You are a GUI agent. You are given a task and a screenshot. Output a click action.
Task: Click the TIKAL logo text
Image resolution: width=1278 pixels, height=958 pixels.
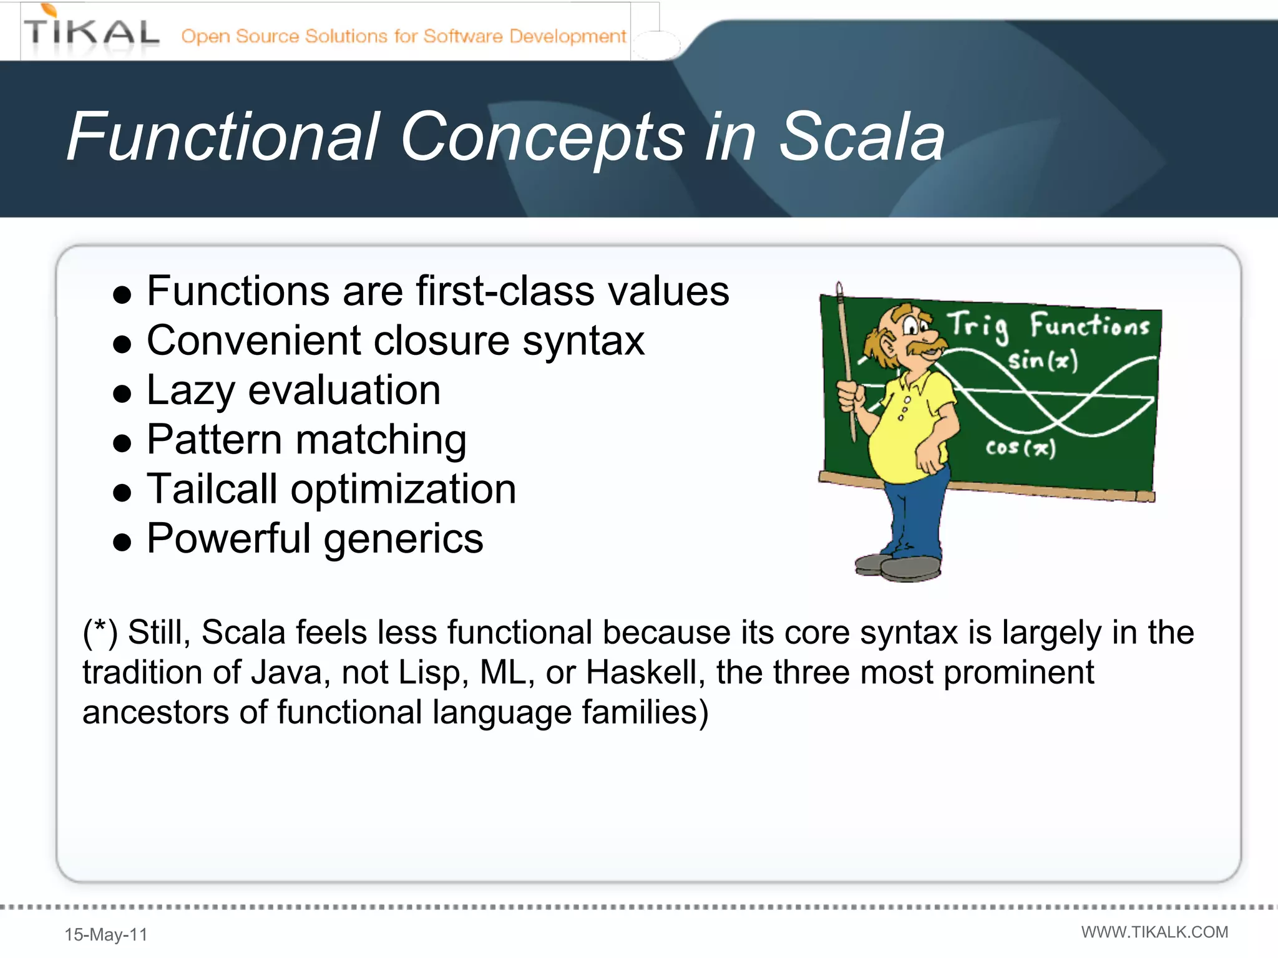click(x=91, y=32)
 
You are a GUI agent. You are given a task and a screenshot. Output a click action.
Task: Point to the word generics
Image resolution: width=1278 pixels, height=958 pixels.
click(x=403, y=539)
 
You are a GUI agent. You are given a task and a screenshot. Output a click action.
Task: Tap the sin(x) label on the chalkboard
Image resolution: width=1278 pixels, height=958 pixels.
click(x=1043, y=360)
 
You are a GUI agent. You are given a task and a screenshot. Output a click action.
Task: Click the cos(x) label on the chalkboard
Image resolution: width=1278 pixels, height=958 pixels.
click(x=1020, y=448)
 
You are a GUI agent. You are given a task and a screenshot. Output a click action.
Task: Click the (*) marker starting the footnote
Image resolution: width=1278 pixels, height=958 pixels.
click(x=100, y=632)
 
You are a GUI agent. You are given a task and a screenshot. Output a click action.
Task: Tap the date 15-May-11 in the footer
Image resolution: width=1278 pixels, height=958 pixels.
click(x=106, y=934)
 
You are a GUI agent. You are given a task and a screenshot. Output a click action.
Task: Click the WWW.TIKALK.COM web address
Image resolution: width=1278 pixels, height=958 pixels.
click(x=1154, y=932)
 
